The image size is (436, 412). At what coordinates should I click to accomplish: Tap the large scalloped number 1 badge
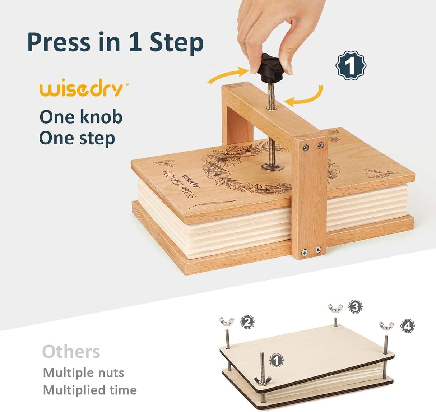click(x=351, y=65)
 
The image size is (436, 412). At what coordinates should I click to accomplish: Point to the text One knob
click(x=81, y=117)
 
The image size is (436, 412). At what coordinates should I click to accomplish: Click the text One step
click(x=77, y=138)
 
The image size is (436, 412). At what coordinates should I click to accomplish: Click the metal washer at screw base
click(x=272, y=166)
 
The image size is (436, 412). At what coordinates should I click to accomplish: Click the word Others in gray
click(x=71, y=352)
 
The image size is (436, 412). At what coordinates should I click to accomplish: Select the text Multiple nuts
click(x=83, y=372)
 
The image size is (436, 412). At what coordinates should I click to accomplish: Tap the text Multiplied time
click(x=90, y=390)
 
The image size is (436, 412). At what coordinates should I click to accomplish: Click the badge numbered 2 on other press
click(x=247, y=321)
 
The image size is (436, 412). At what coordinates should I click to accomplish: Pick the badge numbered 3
click(x=355, y=307)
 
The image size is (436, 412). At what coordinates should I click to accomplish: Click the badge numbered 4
click(x=407, y=326)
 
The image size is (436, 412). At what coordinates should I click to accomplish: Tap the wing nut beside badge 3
click(x=335, y=308)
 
